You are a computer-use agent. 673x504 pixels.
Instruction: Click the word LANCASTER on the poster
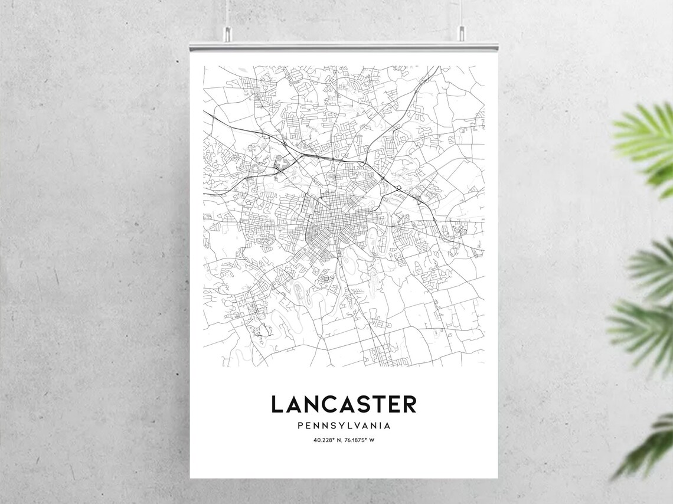(x=344, y=405)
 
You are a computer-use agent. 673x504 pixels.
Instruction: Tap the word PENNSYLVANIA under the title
(x=344, y=425)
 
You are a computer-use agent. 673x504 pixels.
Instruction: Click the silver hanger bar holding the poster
(x=344, y=46)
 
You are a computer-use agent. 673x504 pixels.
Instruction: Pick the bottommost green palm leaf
(x=649, y=446)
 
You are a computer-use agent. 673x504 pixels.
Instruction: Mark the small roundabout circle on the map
(x=399, y=189)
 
